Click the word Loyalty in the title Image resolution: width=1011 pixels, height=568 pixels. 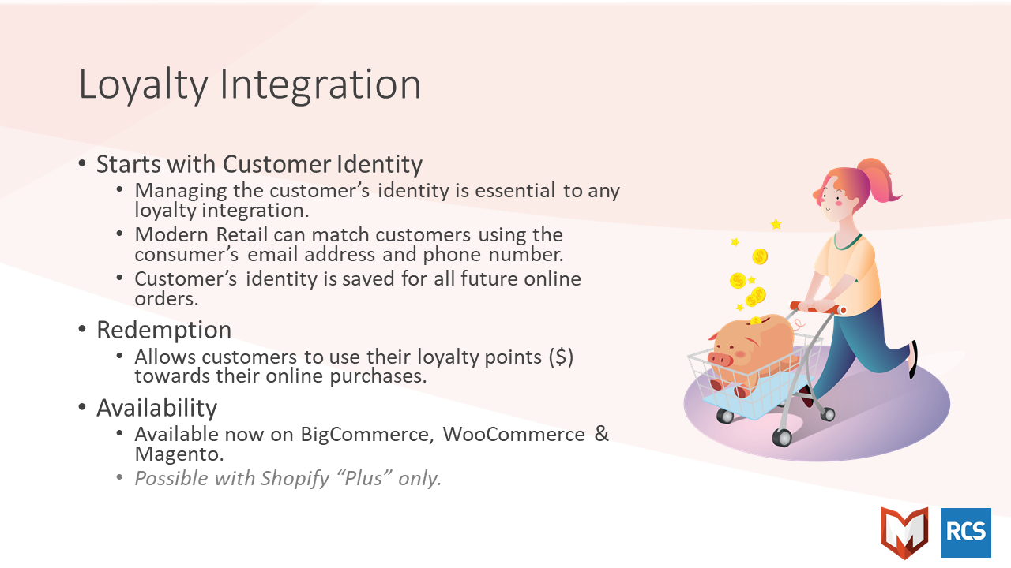144,85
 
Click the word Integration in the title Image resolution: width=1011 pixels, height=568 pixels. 321,85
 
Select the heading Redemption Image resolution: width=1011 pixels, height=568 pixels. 163,330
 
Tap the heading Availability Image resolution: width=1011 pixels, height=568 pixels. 156,408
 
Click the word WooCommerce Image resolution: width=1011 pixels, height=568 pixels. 513,434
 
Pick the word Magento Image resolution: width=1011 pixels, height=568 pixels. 179,454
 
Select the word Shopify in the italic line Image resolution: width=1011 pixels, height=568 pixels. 295,479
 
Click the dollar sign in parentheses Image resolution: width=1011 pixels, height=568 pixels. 561,357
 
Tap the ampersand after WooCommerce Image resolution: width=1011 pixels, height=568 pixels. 602,434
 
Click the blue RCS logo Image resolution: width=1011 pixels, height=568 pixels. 966,532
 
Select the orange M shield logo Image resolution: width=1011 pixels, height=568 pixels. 904,532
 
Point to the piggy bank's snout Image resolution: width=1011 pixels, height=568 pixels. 720,359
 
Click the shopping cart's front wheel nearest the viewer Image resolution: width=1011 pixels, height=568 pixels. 782,437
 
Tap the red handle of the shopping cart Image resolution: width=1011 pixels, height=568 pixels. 817,308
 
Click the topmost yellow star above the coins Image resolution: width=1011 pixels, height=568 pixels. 776,223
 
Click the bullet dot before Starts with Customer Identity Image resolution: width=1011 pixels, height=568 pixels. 82,163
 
